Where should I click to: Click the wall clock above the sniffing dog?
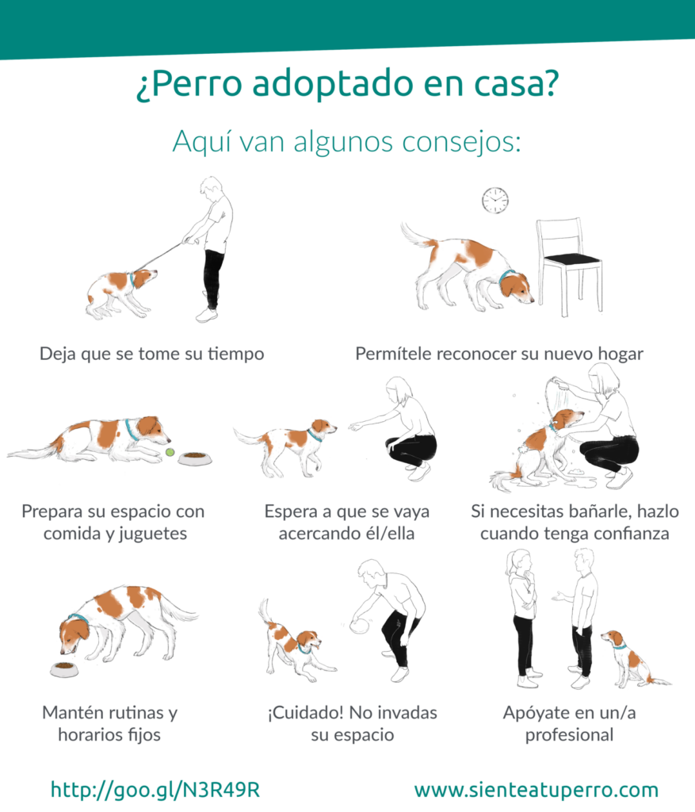(x=495, y=201)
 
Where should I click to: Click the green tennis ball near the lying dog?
(x=170, y=453)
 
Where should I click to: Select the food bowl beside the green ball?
(x=195, y=458)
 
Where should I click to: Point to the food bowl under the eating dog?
(x=65, y=669)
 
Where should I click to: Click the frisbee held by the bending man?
(x=360, y=625)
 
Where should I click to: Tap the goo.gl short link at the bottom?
(x=155, y=790)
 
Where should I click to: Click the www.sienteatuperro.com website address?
(x=537, y=791)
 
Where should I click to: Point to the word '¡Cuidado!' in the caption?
(x=305, y=713)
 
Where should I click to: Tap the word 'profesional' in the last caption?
(x=569, y=735)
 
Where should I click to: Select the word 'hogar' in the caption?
(x=621, y=354)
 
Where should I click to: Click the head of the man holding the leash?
(x=212, y=187)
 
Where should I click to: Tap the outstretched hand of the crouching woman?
(x=356, y=426)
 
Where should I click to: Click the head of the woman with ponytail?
(x=519, y=562)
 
